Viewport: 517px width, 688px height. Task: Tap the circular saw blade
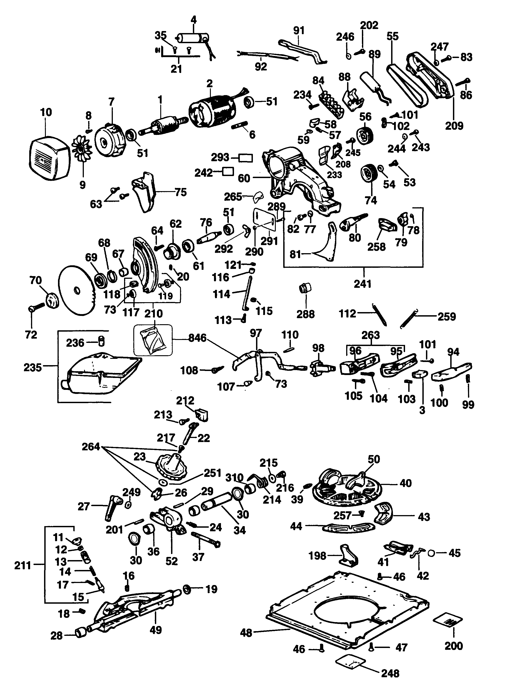click(x=77, y=290)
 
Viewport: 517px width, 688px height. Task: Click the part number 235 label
click(x=33, y=367)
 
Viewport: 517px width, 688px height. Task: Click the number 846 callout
click(x=197, y=338)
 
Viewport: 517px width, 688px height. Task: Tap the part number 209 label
click(x=454, y=126)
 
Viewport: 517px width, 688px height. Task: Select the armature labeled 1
click(x=163, y=126)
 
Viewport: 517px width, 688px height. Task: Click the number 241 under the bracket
click(x=363, y=284)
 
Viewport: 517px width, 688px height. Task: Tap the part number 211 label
click(x=23, y=565)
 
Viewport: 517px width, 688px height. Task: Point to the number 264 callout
click(x=91, y=447)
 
